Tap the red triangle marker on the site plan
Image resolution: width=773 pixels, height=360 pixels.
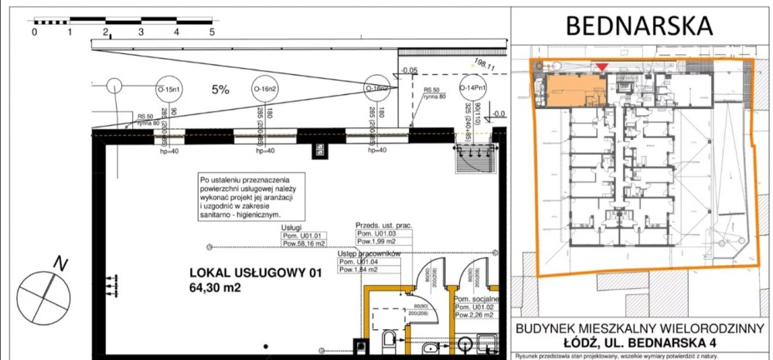pos(601,69)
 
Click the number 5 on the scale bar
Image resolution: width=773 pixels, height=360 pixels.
pos(212,32)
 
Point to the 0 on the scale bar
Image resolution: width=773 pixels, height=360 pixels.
pos(35,32)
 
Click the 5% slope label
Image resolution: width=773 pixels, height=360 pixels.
pos(221,90)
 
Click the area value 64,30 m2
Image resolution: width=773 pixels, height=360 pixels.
pos(223,288)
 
